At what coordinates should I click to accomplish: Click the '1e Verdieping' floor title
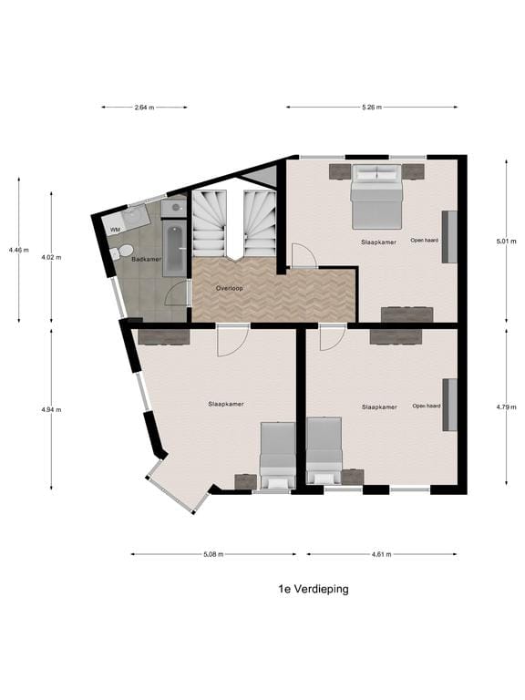(x=314, y=590)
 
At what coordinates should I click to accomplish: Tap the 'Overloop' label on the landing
(x=230, y=288)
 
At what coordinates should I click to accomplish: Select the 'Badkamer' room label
(x=147, y=260)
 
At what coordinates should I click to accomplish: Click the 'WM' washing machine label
(x=115, y=230)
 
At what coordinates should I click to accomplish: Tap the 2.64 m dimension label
(x=145, y=108)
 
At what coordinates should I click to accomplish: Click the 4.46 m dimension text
(x=18, y=250)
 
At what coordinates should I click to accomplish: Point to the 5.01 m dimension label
(x=506, y=242)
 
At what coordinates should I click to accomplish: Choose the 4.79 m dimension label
(x=506, y=407)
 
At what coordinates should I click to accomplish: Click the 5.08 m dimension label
(x=213, y=554)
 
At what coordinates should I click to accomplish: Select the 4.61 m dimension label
(x=382, y=554)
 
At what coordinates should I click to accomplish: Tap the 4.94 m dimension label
(x=51, y=410)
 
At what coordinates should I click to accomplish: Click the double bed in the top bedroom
(x=376, y=197)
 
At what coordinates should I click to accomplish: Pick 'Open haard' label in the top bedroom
(x=425, y=241)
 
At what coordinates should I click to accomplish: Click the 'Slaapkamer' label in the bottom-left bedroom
(x=226, y=404)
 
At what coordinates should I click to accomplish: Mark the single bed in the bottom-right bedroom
(x=324, y=451)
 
